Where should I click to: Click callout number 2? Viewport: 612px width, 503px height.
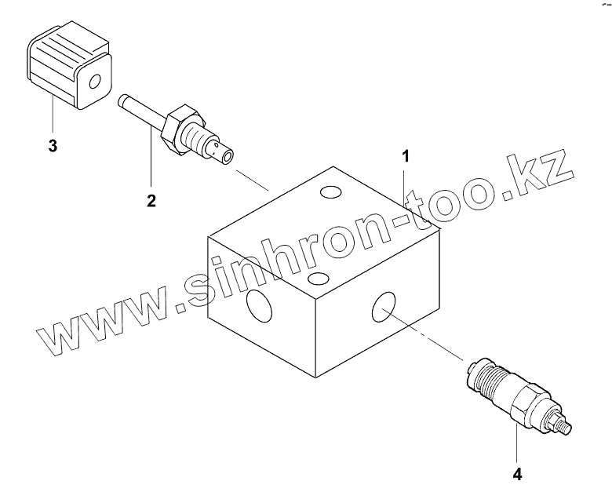[151, 200]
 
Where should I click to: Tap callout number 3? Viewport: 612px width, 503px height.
[52, 146]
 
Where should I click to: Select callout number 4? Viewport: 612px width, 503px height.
[517, 474]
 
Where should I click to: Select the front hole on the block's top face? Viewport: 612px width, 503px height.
[318, 278]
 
